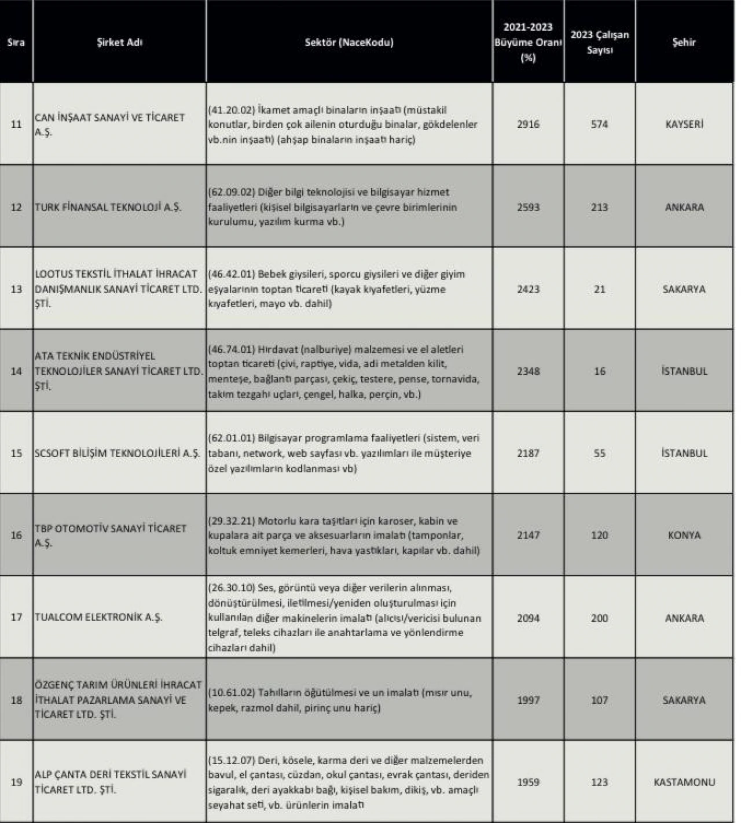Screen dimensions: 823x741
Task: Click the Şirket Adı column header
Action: (x=119, y=42)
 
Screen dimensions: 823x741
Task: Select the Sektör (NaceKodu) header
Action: (x=349, y=42)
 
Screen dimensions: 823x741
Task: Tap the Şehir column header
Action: (x=684, y=42)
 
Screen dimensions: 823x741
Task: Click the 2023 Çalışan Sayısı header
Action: (x=599, y=42)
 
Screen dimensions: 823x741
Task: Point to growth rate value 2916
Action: (x=528, y=124)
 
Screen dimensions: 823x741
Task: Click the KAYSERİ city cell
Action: (x=684, y=124)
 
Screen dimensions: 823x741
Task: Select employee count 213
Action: (x=599, y=207)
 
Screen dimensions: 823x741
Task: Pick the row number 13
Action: (x=16, y=289)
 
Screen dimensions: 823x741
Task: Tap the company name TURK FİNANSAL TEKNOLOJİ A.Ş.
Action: (x=108, y=207)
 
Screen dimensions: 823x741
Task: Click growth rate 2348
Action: (x=528, y=371)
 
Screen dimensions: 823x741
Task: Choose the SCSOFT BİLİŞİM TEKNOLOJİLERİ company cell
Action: (x=117, y=453)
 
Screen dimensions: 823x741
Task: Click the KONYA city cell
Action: (x=684, y=535)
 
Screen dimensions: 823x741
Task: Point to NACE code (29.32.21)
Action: (x=231, y=521)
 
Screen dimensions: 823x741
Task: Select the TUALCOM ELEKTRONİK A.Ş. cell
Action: (x=98, y=617)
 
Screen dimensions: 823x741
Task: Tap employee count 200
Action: (x=599, y=618)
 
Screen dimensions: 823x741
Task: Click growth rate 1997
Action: (x=528, y=700)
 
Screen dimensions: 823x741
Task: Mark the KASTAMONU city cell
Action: (x=684, y=782)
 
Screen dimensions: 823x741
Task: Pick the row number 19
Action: (x=16, y=782)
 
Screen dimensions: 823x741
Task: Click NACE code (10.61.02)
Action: (x=231, y=693)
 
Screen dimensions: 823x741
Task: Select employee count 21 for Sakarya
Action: (x=599, y=289)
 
